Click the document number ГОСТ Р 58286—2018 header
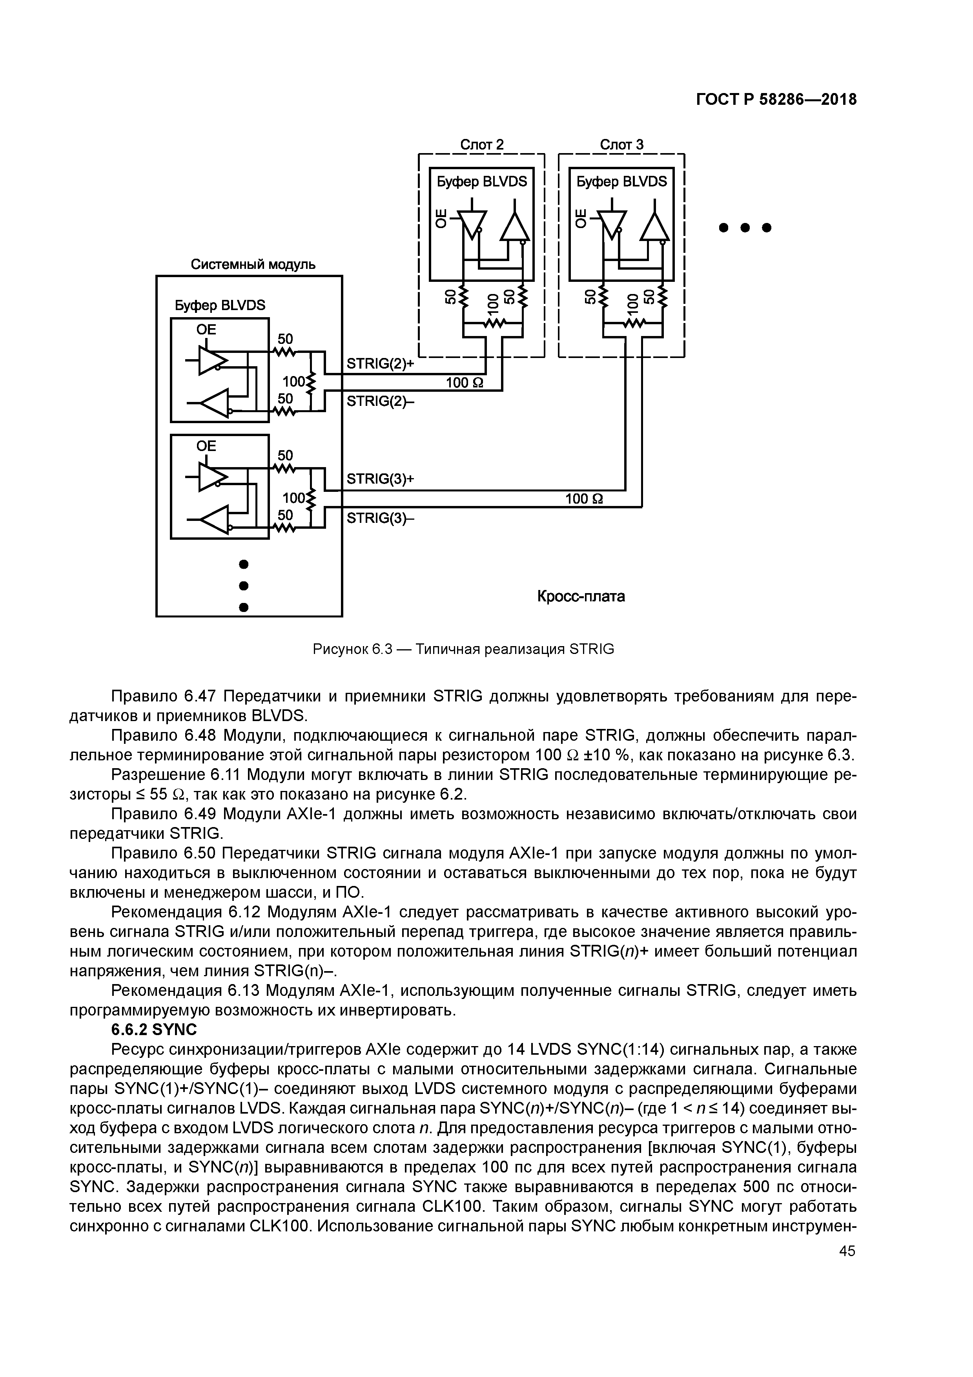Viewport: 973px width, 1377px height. (x=776, y=100)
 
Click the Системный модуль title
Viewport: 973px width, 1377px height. (x=253, y=265)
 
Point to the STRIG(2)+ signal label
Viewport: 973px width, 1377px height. (x=381, y=364)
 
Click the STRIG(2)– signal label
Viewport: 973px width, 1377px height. (x=381, y=401)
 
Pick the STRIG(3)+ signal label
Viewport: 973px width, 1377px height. (x=381, y=478)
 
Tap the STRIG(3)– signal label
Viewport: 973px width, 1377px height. (x=381, y=517)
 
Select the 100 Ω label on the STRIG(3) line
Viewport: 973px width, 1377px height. (x=585, y=499)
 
